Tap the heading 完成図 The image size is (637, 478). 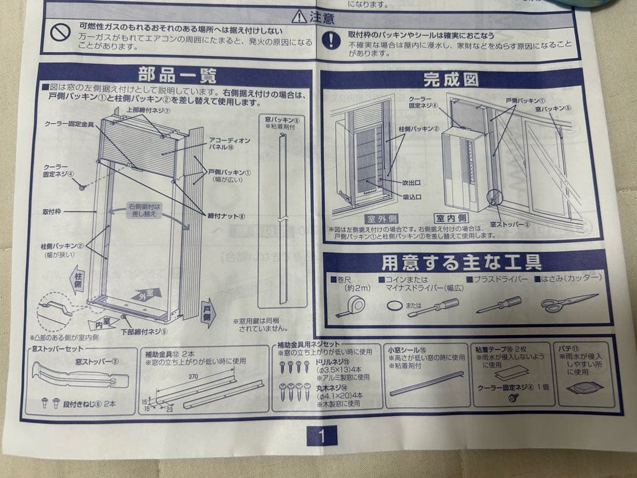click(451, 80)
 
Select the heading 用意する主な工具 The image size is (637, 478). click(461, 261)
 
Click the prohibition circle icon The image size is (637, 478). click(60, 34)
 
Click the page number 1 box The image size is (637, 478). click(321, 436)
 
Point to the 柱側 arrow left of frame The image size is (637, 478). click(77, 279)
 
